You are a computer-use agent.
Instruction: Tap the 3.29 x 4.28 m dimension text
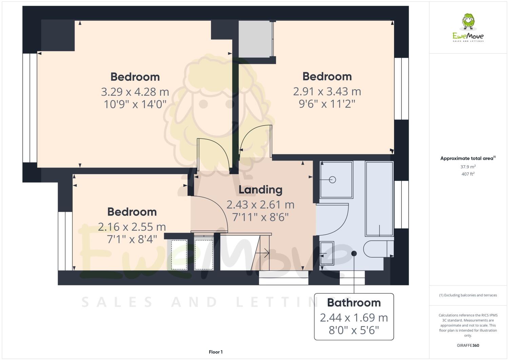pos(135,92)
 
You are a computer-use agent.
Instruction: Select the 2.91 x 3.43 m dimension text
pos(327,92)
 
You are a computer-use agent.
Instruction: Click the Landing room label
pos(260,190)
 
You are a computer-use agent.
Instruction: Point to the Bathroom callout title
pos(354,302)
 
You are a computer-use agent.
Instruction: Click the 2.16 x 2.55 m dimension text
pos(132,227)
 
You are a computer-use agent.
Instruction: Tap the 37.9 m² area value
pos(468,167)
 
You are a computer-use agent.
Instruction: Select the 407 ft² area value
pos(468,174)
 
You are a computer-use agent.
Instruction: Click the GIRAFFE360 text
pos(468,345)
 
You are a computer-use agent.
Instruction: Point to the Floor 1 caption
pos(216,352)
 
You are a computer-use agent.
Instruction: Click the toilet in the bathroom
pos(376,249)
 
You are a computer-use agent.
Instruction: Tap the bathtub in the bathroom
pos(379,198)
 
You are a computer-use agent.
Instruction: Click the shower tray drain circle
pos(332,180)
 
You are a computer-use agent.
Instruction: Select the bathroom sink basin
pos(327,253)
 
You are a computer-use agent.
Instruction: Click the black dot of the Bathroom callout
pos(354,253)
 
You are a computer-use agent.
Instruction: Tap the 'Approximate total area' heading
pos(468,158)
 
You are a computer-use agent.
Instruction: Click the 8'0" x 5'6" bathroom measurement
pos(354,330)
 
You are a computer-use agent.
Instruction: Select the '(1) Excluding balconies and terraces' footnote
pos(468,295)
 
